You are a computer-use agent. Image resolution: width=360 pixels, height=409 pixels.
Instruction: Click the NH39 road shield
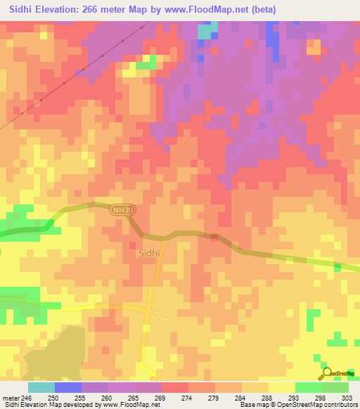pos(120,209)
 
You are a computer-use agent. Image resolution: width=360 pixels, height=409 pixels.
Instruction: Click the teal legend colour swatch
pos(41,387)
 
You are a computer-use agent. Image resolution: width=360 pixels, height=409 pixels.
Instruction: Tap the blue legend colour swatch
pos(67,387)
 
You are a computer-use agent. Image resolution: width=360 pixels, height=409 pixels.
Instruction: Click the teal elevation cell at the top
pos(205,32)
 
